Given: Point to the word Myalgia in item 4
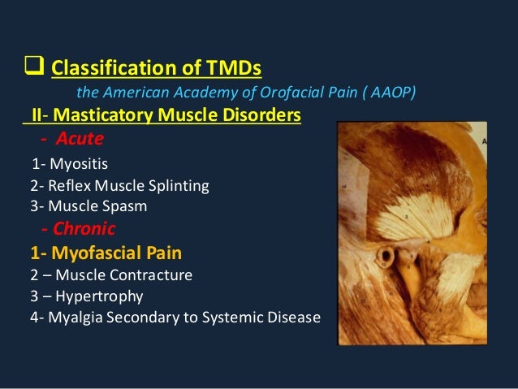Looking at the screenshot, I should tap(72, 317).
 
